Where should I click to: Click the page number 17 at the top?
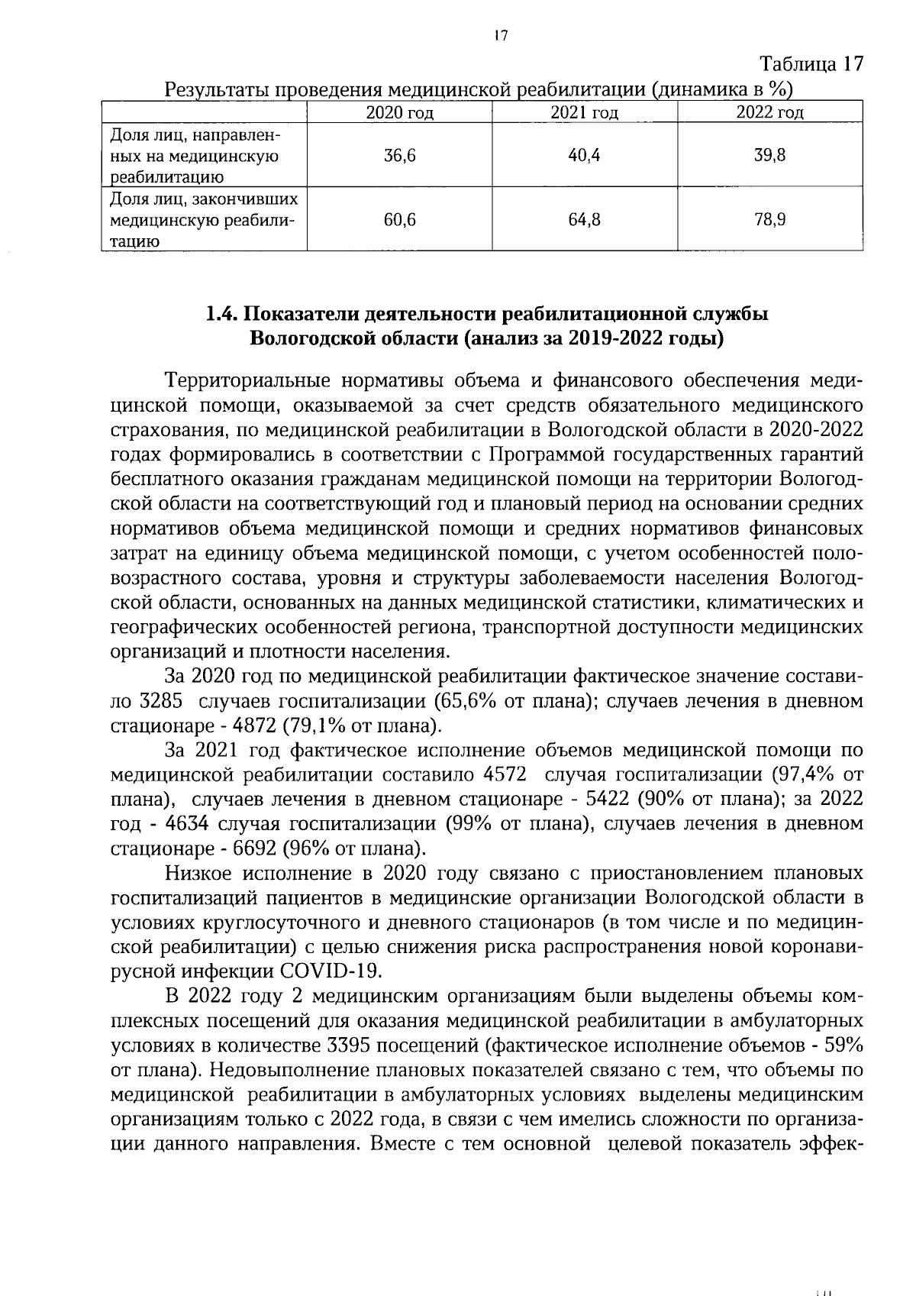pyautogui.click(x=501, y=35)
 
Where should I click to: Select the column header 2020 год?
pyautogui.click(x=399, y=113)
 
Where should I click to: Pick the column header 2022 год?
pyautogui.click(x=769, y=113)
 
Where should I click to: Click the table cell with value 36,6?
pyautogui.click(x=399, y=156)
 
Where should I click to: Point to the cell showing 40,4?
pyautogui.click(x=584, y=156)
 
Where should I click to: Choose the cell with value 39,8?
pyautogui.click(x=769, y=156)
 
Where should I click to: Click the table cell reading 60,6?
pyautogui.click(x=399, y=220)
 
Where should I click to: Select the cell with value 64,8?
pyautogui.click(x=584, y=220)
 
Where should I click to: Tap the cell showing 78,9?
pyautogui.click(x=769, y=220)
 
